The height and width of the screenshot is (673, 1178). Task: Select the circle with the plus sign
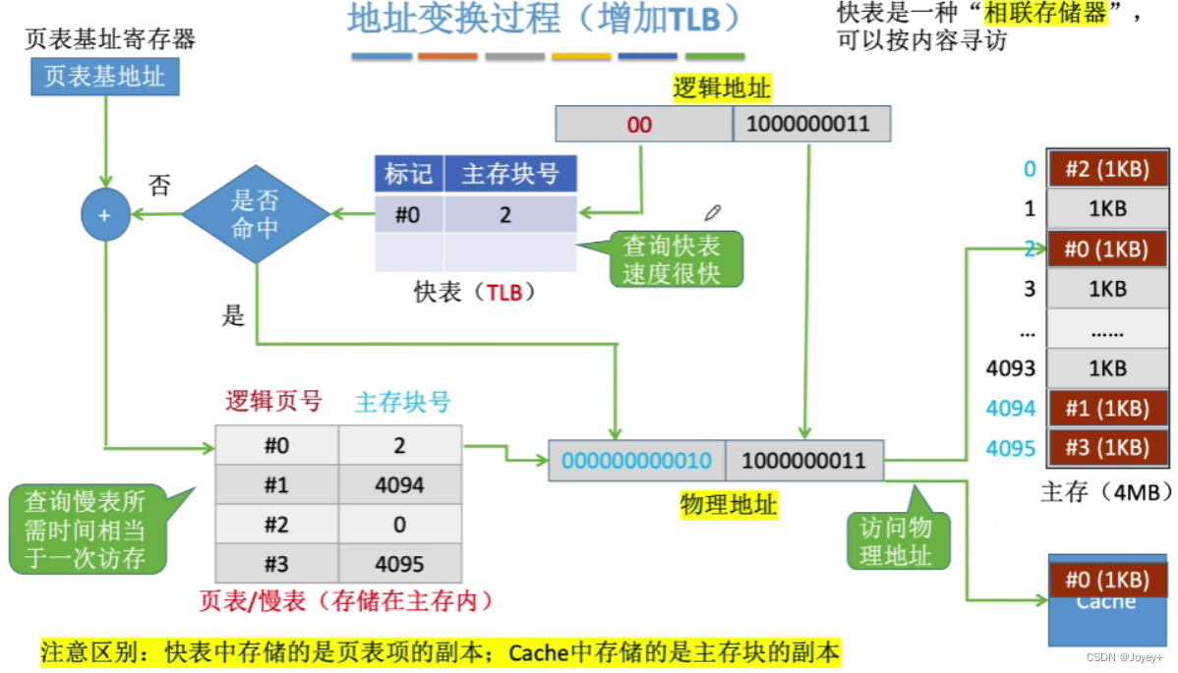pos(106,214)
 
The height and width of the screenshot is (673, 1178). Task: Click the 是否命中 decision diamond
pos(256,214)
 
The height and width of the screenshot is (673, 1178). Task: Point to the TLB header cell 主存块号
pos(509,174)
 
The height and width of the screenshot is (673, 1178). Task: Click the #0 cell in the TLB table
pos(408,214)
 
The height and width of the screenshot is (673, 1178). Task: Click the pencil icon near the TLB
pos(714,212)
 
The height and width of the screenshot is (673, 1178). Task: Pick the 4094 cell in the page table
pos(399,485)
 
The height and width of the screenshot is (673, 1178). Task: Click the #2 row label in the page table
pos(276,525)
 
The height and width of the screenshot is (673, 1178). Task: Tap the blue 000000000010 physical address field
pos(636,460)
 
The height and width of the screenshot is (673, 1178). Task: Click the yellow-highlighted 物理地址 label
pos(728,505)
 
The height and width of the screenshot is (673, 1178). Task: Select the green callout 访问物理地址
pos(896,540)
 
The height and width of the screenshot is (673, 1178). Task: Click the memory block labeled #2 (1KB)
pos(1106,168)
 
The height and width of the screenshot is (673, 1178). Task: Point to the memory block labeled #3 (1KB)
pos(1106,447)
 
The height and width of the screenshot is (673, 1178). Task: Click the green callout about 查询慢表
pos(85,531)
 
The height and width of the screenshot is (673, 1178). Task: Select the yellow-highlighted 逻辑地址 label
pos(722,89)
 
